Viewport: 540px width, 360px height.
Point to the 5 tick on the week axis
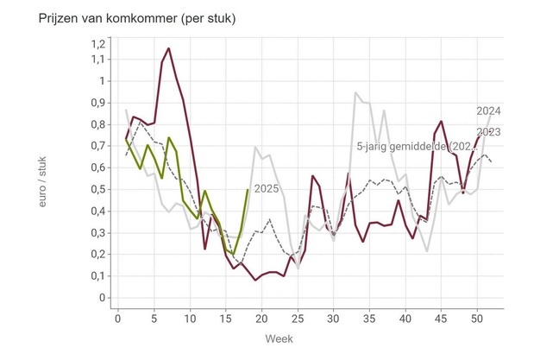coord(154,319)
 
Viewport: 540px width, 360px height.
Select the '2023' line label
coord(489,131)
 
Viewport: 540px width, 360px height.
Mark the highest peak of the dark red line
coord(168,48)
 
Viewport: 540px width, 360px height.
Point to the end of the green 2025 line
coord(248,190)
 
